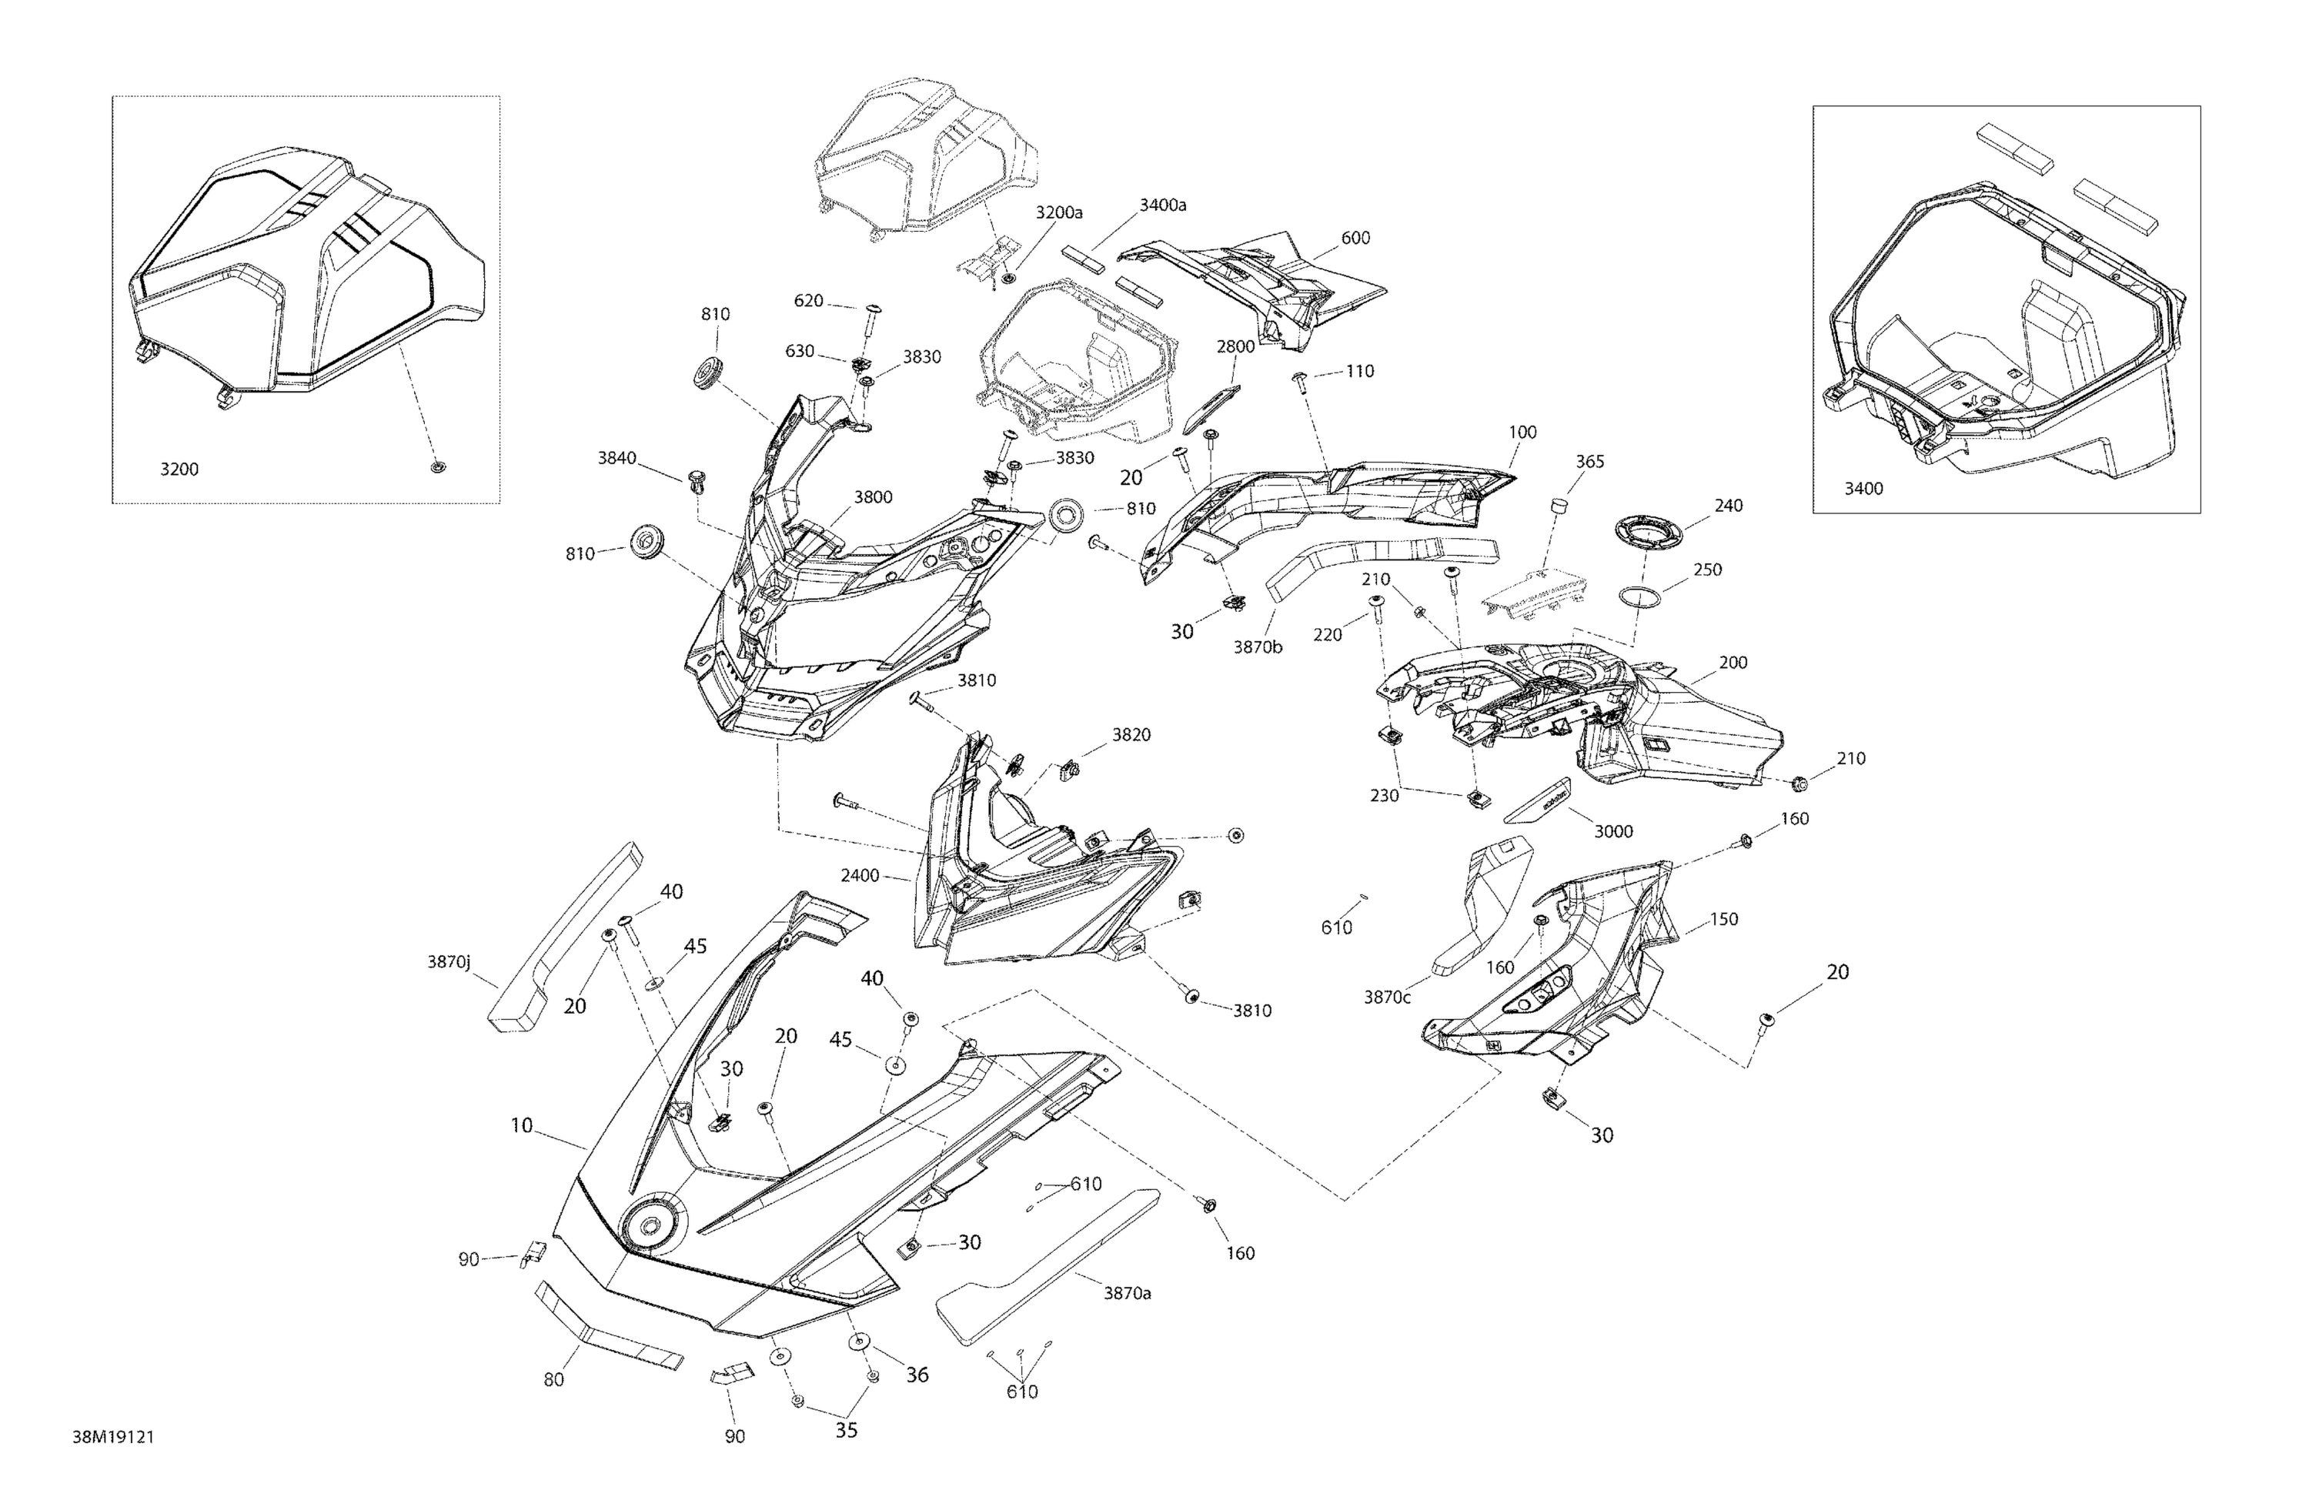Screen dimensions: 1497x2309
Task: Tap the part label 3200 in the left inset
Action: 179,469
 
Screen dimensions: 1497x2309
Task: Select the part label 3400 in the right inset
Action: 1863,489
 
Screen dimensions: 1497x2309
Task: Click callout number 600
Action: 1355,239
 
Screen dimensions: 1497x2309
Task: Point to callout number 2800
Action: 1236,346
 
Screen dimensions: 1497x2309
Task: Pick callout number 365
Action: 1589,462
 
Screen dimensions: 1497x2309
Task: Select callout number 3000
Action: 1613,831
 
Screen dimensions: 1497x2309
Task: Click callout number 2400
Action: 860,876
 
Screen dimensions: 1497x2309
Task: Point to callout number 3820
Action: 1131,735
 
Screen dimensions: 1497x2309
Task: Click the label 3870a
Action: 1128,1293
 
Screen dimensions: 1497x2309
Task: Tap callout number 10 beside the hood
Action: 522,1125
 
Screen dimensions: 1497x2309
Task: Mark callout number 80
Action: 553,1379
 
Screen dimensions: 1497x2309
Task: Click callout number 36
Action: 917,1375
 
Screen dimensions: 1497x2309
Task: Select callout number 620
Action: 808,301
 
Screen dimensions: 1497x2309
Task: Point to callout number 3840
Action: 617,458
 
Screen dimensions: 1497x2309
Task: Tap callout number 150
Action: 1723,919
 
